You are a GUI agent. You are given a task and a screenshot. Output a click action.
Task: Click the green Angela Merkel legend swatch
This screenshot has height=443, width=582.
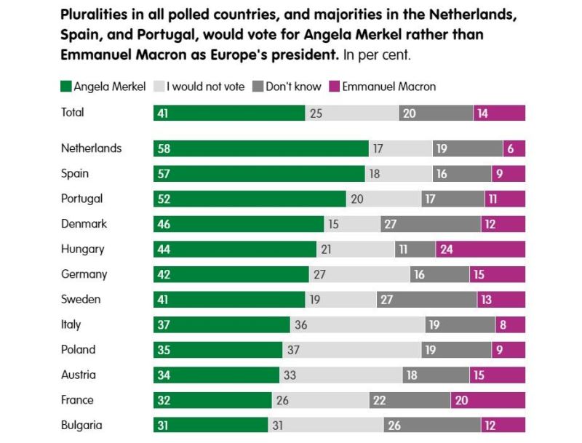click(x=66, y=87)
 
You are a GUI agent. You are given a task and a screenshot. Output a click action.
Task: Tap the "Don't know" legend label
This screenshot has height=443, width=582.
click(x=293, y=87)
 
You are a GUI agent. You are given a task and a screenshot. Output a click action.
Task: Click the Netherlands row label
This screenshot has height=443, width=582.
click(x=91, y=148)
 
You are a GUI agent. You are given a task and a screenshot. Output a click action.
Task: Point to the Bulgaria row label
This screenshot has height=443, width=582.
click(x=81, y=426)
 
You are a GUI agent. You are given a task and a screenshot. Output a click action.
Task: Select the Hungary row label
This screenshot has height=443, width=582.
click(x=82, y=249)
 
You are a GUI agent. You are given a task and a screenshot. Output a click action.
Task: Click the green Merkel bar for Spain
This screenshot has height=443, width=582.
click(x=258, y=174)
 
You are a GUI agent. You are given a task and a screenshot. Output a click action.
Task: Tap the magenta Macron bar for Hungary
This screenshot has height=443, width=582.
click(x=480, y=250)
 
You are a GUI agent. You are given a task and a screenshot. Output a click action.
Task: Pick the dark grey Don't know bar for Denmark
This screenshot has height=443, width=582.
click(x=430, y=224)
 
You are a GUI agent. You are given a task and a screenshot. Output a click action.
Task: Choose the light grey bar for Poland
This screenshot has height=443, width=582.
click(x=351, y=350)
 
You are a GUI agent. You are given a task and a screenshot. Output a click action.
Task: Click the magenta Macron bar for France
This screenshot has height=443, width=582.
click(x=487, y=400)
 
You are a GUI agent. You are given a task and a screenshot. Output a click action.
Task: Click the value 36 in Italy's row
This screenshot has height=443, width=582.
click(x=300, y=325)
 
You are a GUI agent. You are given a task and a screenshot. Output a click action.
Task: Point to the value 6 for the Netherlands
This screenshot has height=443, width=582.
click(x=511, y=148)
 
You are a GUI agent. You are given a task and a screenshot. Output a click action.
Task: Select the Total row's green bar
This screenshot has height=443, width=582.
click(x=228, y=113)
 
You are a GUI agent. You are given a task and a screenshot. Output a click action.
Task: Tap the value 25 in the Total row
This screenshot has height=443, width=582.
click(x=316, y=113)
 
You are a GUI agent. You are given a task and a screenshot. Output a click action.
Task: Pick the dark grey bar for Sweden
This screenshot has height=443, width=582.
click(x=426, y=300)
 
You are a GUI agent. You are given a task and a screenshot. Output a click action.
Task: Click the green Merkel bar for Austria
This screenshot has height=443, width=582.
click(x=216, y=375)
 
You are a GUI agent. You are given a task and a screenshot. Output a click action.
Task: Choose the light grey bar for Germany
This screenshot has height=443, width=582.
click(x=359, y=274)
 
